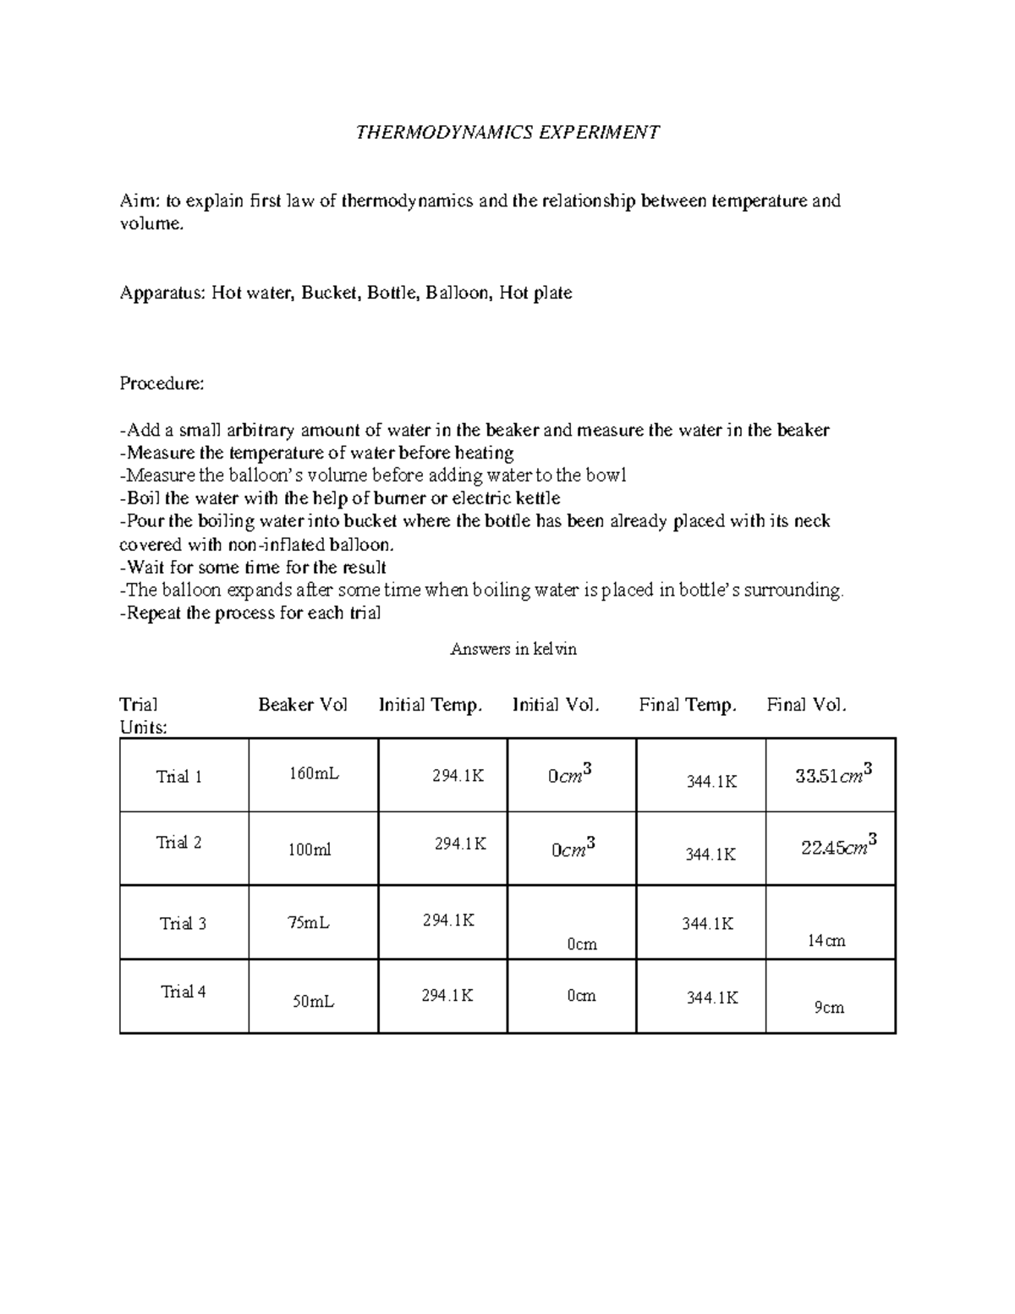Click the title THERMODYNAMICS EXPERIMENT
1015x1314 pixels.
coord(507,132)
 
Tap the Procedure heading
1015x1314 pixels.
coord(162,383)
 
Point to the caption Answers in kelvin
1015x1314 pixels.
coord(513,649)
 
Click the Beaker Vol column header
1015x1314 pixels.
coord(303,705)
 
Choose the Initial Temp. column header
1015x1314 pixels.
coord(431,705)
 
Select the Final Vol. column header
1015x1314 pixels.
coord(806,705)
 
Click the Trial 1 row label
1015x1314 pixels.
coord(178,777)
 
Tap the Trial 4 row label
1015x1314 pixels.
coord(184,992)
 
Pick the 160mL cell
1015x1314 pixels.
coord(314,773)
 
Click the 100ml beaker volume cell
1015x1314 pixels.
coord(310,849)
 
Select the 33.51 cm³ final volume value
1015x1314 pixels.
coord(834,774)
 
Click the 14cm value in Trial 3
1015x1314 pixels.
coord(826,940)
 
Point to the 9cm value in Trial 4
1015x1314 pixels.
coord(829,1007)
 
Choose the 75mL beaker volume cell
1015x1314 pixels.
coord(308,923)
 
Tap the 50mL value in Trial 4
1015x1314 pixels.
coord(313,1002)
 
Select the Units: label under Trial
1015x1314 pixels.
coord(144,727)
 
